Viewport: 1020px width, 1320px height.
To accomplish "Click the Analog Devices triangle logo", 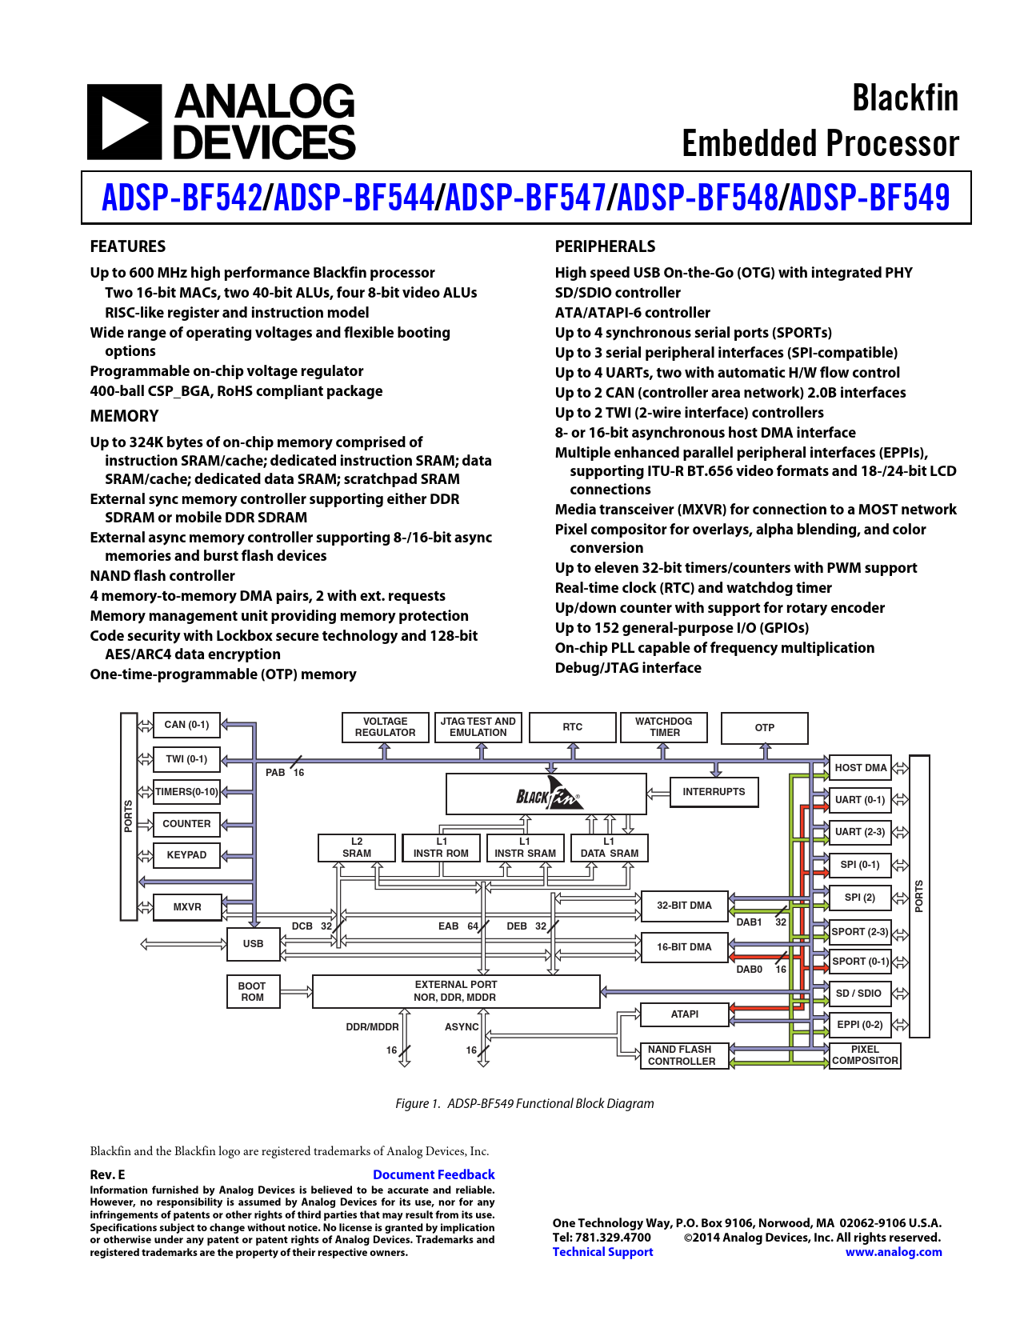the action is click(125, 122).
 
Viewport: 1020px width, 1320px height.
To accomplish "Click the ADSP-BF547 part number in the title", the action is click(526, 198).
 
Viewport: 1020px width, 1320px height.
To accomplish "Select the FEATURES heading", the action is click(127, 246).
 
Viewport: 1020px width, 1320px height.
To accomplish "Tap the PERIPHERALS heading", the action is click(605, 246).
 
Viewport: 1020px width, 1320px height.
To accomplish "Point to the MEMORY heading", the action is click(124, 416).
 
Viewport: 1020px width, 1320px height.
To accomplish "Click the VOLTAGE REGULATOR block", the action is click(385, 727).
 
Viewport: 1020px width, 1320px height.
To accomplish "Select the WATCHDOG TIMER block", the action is click(664, 727).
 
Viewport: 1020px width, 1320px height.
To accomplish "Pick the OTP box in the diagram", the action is click(764, 728).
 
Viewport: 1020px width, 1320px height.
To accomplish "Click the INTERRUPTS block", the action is click(714, 792).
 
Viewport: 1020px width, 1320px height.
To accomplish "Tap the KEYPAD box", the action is click(186, 855).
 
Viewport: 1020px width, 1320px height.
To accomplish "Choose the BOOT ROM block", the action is click(253, 991).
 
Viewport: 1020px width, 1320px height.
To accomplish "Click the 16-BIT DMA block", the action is click(684, 947).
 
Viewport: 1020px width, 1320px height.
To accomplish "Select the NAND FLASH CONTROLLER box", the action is click(684, 1055).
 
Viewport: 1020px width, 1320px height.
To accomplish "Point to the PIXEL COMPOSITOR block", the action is click(865, 1055).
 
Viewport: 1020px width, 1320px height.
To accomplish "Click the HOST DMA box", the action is click(860, 768).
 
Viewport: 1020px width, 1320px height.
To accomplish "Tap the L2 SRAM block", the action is click(357, 847).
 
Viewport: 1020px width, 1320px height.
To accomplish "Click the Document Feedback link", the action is click(434, 1174).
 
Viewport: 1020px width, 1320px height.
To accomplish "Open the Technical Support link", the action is click(602, 1251).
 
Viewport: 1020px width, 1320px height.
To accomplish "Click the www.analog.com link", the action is click(894, 1251).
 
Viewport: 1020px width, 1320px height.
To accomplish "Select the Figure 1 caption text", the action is click(525, 1103).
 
